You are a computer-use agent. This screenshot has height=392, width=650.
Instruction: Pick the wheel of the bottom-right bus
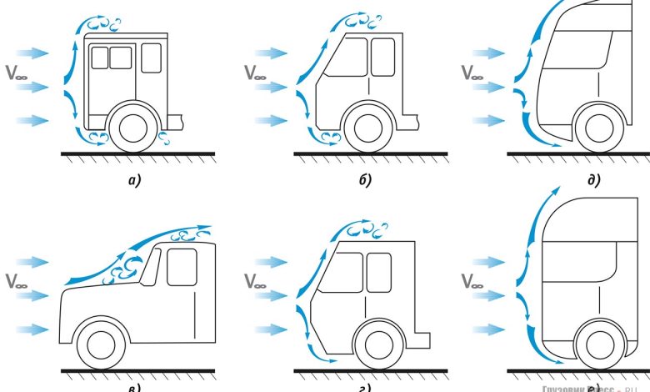click(x=598, y=343)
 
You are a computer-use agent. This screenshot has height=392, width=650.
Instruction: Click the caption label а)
click(x=131, y=178)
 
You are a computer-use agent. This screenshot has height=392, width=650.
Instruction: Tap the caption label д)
click(x=593, y=178)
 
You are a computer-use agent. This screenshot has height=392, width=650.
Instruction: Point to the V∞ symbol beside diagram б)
click(x=257, y=71)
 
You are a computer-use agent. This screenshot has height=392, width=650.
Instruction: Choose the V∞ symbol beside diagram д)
click(x=472, y=71)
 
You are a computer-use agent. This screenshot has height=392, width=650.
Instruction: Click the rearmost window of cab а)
click(x=151, y=58)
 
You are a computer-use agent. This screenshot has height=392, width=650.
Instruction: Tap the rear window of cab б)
click(x=382, y=57)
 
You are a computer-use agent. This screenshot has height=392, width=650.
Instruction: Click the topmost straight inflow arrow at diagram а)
click(x=33, y=53)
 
